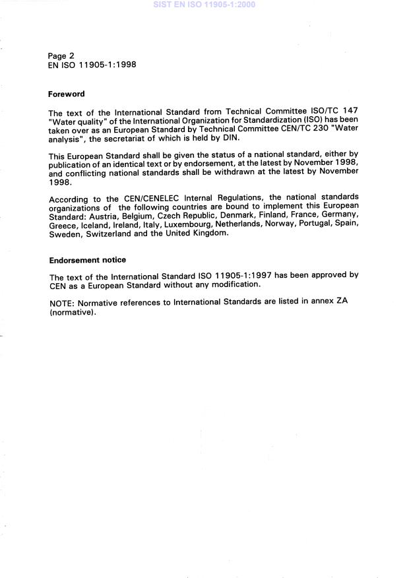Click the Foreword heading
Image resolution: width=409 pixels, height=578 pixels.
point(67,94)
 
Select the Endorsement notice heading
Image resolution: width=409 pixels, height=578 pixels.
point(87,260)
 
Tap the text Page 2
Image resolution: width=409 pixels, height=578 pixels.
point(61,56)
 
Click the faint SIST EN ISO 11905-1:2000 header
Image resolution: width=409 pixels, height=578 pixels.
point(204,5)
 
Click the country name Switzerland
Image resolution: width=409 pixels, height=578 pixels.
point(101,234)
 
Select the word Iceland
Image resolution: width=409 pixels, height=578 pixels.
point(94,226)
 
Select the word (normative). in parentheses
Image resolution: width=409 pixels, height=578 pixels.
point(73,313)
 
